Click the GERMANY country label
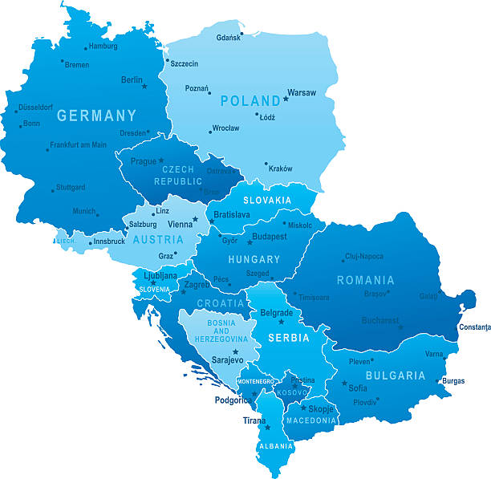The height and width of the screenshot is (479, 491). point(96,116)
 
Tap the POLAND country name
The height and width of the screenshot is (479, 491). point(250,101)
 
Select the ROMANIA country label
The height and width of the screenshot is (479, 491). point(366,280)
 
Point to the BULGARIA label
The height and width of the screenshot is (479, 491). point(396,375)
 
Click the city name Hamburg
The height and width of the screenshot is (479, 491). point(103,47)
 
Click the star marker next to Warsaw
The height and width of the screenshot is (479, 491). point(285,99)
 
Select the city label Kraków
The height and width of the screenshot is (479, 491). point(281,168)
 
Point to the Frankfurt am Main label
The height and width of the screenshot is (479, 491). point(78,145)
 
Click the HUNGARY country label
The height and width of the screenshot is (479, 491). point(254,260)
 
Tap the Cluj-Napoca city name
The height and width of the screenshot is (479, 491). point(363,257)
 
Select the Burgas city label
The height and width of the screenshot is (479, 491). point(453,381)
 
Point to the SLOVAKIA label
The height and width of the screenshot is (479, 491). point(267,200)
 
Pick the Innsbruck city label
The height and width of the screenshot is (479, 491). point(109,242)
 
